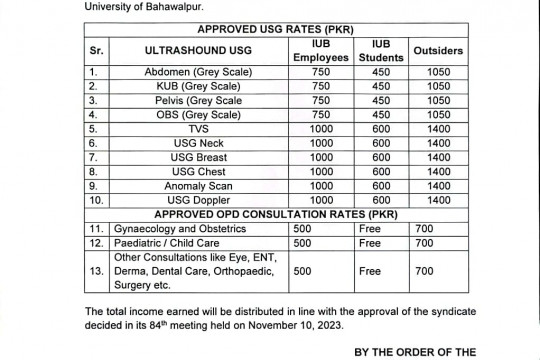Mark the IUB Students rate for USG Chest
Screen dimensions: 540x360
click(379, 172)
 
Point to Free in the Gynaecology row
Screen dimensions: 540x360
click(370, 229)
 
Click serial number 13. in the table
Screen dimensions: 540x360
click(95, 271)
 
